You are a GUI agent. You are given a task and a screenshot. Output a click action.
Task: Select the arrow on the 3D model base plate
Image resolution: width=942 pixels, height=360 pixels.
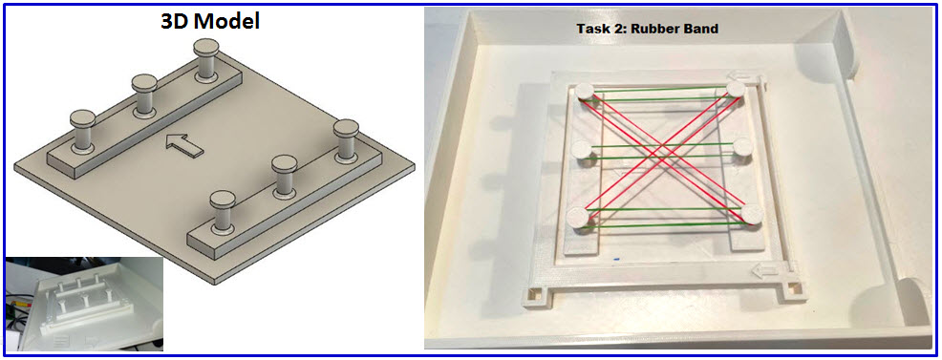click(183, 146)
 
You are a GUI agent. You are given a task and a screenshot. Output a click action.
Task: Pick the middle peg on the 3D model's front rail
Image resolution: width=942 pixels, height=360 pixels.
click(285, 177)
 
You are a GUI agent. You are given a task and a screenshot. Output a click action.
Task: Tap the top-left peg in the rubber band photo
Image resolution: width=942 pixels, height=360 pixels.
click(585, 93)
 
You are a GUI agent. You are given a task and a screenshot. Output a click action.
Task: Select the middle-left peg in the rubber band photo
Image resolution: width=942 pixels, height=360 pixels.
click(584, 151)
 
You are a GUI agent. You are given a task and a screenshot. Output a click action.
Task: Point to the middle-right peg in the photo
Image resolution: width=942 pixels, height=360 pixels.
click(743, 148)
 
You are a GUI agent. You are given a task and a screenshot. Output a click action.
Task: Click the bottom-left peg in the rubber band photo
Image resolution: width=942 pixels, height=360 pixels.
click(580, 217)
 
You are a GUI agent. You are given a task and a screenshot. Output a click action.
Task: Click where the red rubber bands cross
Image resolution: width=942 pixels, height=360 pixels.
click(664, 148)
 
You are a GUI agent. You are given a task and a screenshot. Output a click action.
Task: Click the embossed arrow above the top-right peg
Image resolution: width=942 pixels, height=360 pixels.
click(739, 76)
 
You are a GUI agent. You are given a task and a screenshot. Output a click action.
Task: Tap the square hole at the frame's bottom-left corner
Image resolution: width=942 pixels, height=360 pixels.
click(534, 295)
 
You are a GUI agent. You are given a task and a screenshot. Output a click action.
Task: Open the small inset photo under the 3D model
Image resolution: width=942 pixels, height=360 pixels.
click(84, 304)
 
